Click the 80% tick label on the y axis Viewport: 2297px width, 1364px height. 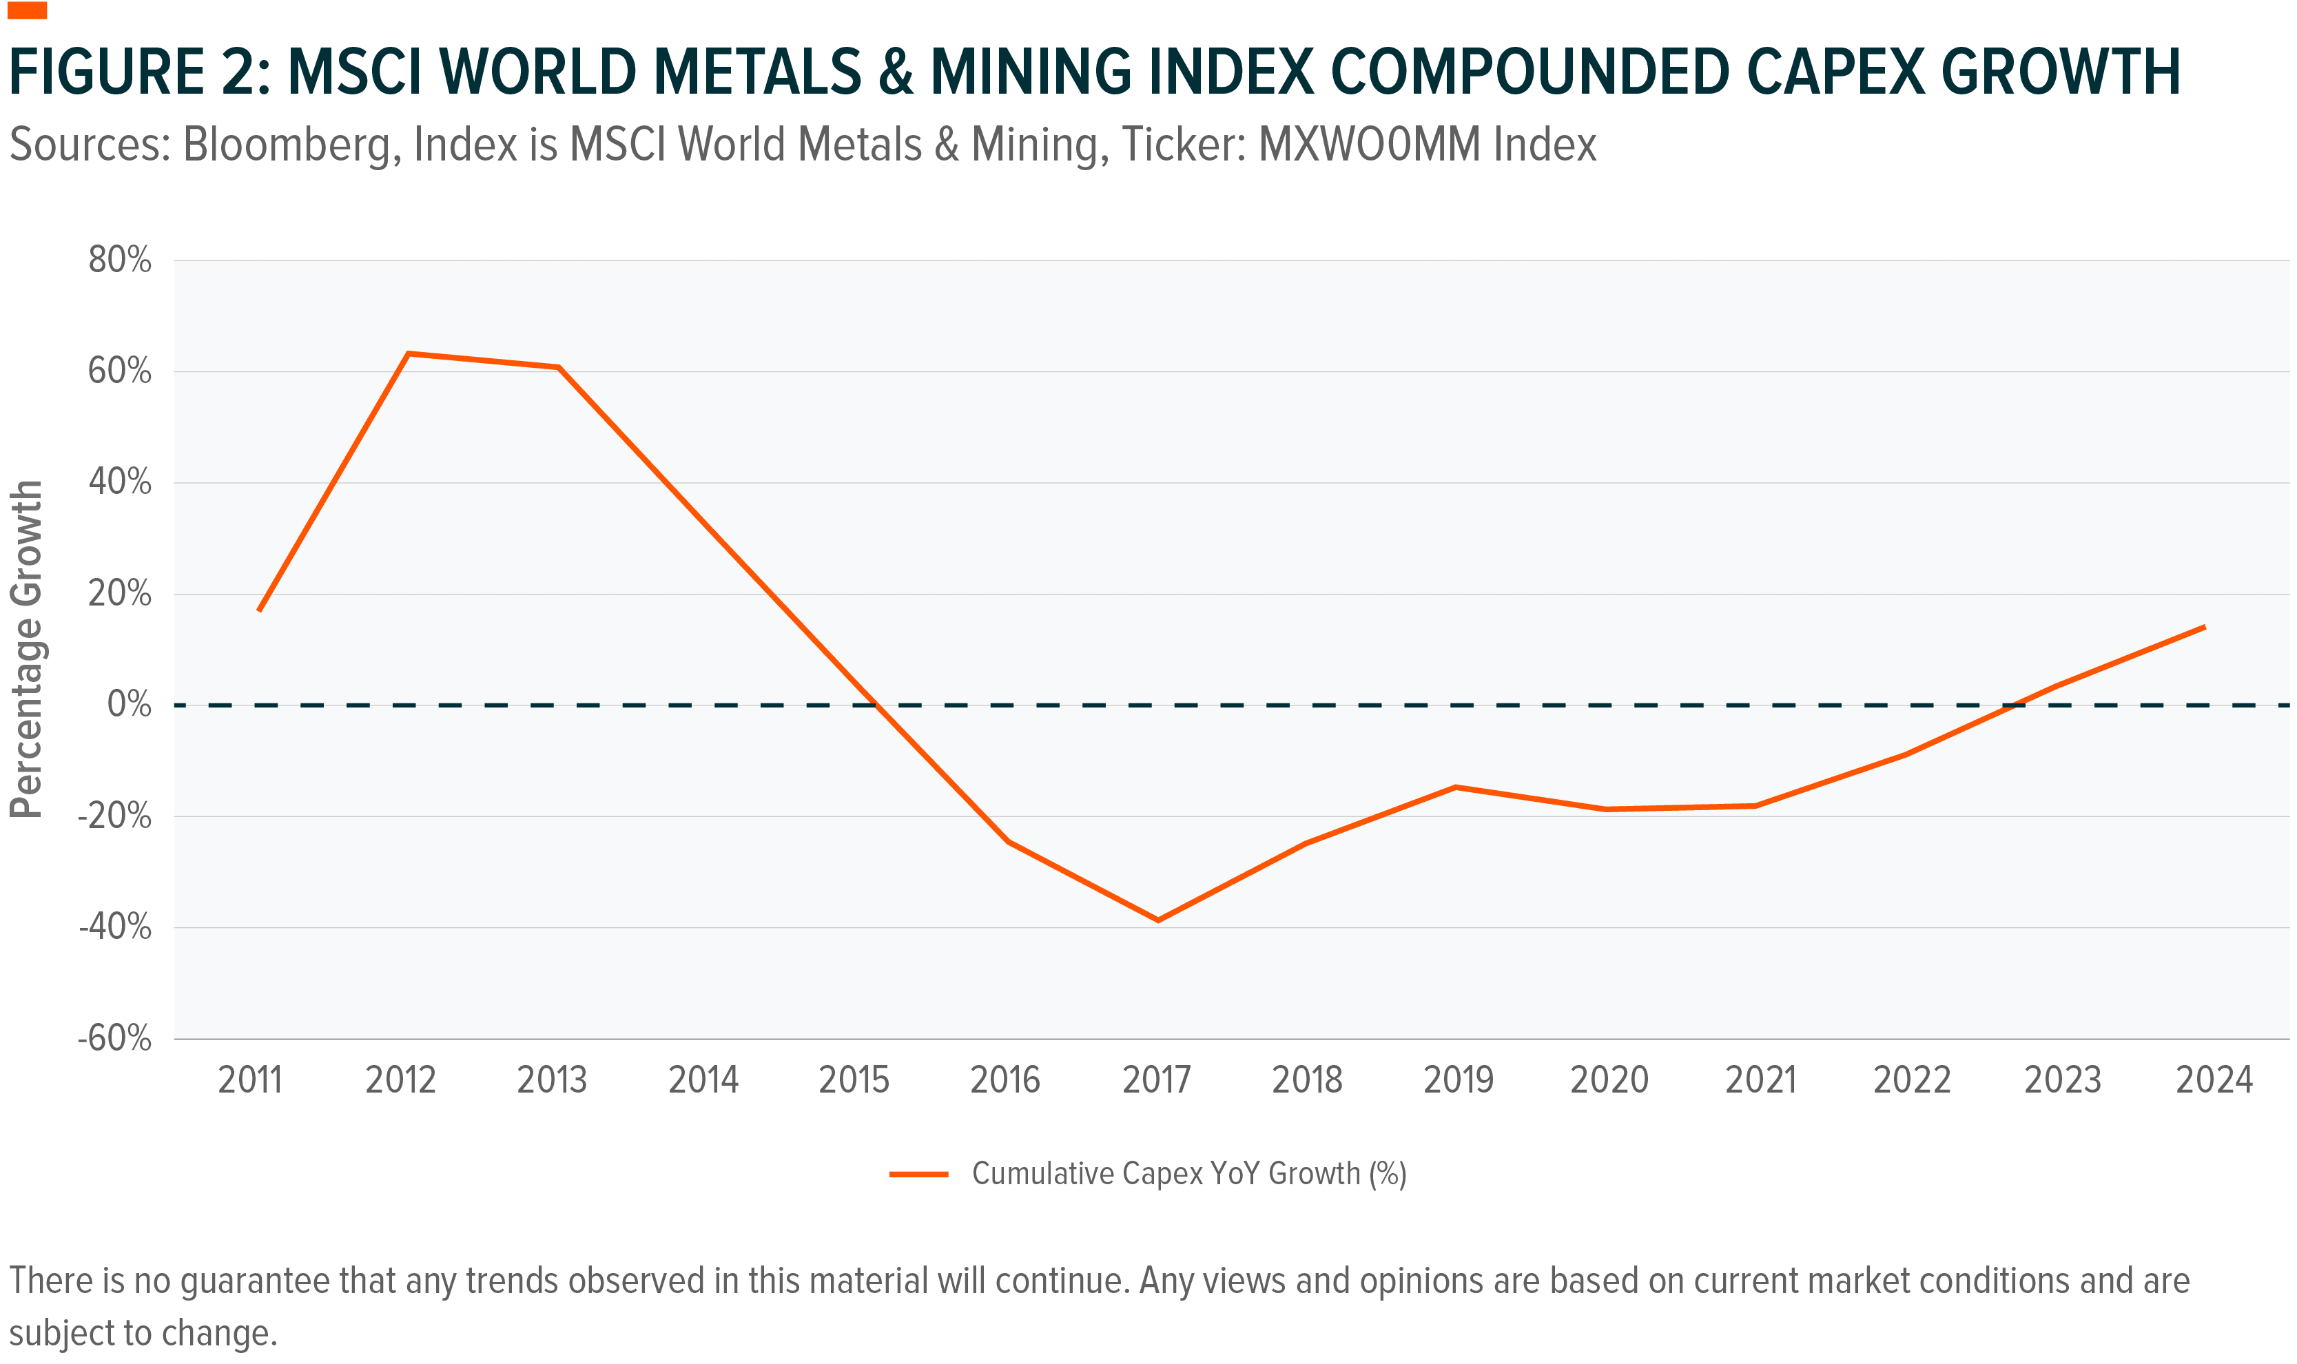coord(119,260)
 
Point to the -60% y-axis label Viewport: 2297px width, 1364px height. coord(115,1039)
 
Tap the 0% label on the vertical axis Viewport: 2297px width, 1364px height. coord(129,704)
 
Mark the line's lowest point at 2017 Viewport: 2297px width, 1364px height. coord(1157,920)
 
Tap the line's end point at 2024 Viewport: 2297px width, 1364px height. coord(2203,628)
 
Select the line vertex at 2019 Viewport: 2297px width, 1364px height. coord(1456,787)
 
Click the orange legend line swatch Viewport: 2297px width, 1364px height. coord(918,1174)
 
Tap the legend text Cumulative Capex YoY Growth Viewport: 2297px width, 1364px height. coord(1188,1174)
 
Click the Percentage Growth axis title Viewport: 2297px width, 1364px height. coord(25,648)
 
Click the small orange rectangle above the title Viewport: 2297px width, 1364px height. coord(27,11)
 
